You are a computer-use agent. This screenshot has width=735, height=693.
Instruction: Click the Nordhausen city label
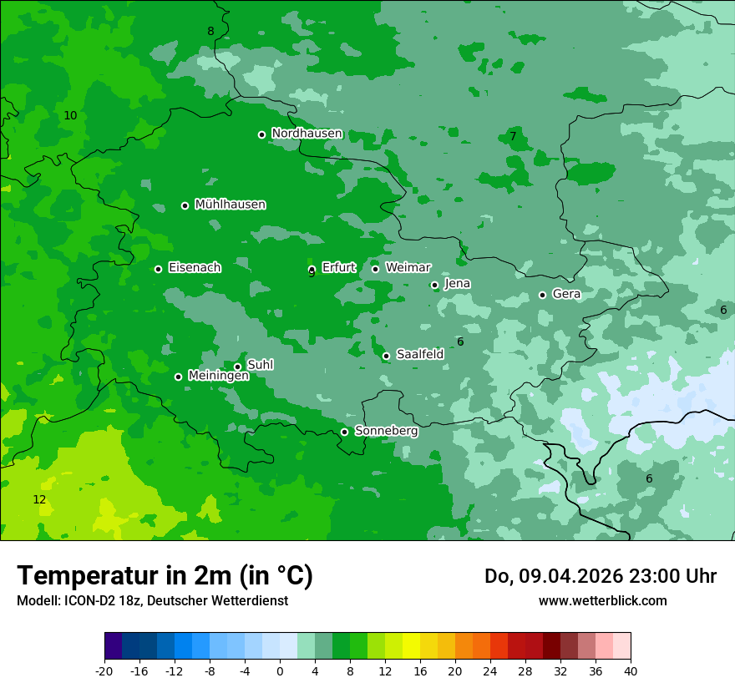(x=307, y=134)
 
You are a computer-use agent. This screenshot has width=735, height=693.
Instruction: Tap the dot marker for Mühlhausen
(x=185, y=205)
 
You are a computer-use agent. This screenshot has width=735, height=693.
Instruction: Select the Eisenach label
(x=195, y=268)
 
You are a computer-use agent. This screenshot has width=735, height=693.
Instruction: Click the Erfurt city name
(x=338, y=268)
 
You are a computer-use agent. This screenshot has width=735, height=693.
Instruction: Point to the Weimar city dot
(x=375, y=269)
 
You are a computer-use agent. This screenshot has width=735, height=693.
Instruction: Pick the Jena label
(x=457, y=284)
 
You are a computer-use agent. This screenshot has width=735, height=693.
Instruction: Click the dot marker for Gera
(x=542, y=295)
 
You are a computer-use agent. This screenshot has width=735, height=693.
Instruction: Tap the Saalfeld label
(x=419, y=355)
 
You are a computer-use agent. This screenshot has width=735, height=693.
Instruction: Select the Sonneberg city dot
(x=344, y=432)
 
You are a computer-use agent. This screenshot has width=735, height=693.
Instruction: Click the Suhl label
(x=260, y=365)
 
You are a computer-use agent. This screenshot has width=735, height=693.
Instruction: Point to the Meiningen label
(x=218, y=377)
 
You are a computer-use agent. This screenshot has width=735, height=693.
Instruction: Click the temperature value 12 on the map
(x=39, y=500)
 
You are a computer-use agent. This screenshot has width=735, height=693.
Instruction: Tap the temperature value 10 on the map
(x=70, y=116)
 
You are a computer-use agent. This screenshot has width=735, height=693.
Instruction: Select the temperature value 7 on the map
(x=513, y=136)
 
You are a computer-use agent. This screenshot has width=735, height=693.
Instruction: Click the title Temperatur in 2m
(x=165, y=575)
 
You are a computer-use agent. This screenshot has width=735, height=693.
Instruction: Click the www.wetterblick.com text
(x=602, y=600)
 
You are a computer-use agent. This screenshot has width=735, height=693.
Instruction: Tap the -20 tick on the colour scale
(x=104, y=670)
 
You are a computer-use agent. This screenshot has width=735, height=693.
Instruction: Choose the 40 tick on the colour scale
(x=630, y=670)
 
